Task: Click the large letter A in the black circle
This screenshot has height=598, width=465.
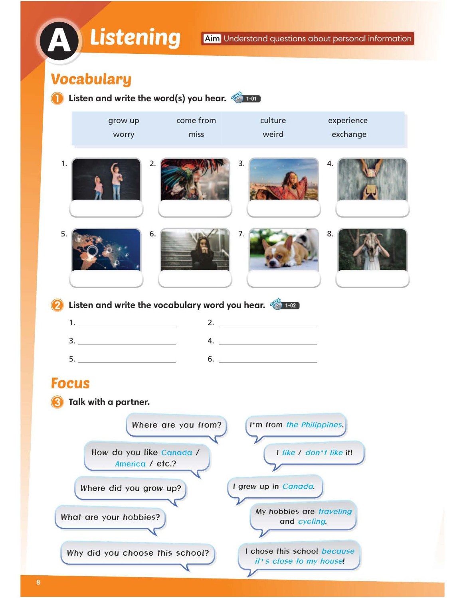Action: tap(59, 41)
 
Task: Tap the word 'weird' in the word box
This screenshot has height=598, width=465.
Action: tap(273, 134)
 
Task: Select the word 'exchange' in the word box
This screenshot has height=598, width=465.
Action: tap(349, 134)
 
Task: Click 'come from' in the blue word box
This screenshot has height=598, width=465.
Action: tap(196, 120)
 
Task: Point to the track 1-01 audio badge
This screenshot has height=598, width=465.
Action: tap(246, 98)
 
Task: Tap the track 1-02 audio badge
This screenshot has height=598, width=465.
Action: tap(285, 305)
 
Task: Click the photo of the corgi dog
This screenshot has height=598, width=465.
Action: tap(283, 250)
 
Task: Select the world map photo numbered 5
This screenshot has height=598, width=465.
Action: tap(106, 250)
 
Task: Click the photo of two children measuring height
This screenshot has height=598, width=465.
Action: tap(106, 179)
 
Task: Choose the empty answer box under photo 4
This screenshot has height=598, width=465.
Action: tap(372, 209)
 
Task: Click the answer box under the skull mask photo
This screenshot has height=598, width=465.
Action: tap(372, 279)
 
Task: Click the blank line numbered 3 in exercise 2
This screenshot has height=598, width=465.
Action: tap(127, 341)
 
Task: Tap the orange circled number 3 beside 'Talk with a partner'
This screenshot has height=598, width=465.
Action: tap(57, 402)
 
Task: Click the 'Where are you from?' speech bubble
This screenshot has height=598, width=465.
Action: tap(176, 425)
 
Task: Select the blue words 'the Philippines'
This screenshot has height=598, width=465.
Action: tap(314, 425)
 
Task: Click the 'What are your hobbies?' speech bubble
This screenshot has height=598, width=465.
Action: tap(110, 517)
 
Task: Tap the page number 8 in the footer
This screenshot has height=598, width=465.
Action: tap(38, 582)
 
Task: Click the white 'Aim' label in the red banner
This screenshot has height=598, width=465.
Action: tap(212, 39)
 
